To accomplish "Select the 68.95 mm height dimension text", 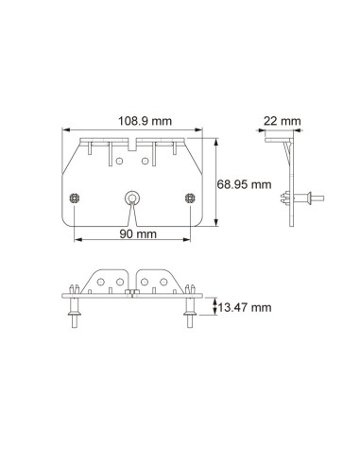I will point(244,183).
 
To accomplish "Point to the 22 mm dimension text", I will point(283,121).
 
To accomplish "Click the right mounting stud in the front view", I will point(190,198).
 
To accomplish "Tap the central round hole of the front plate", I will point(131,198).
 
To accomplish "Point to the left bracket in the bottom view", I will point(107,282).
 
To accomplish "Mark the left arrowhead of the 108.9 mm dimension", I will point(63,129).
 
